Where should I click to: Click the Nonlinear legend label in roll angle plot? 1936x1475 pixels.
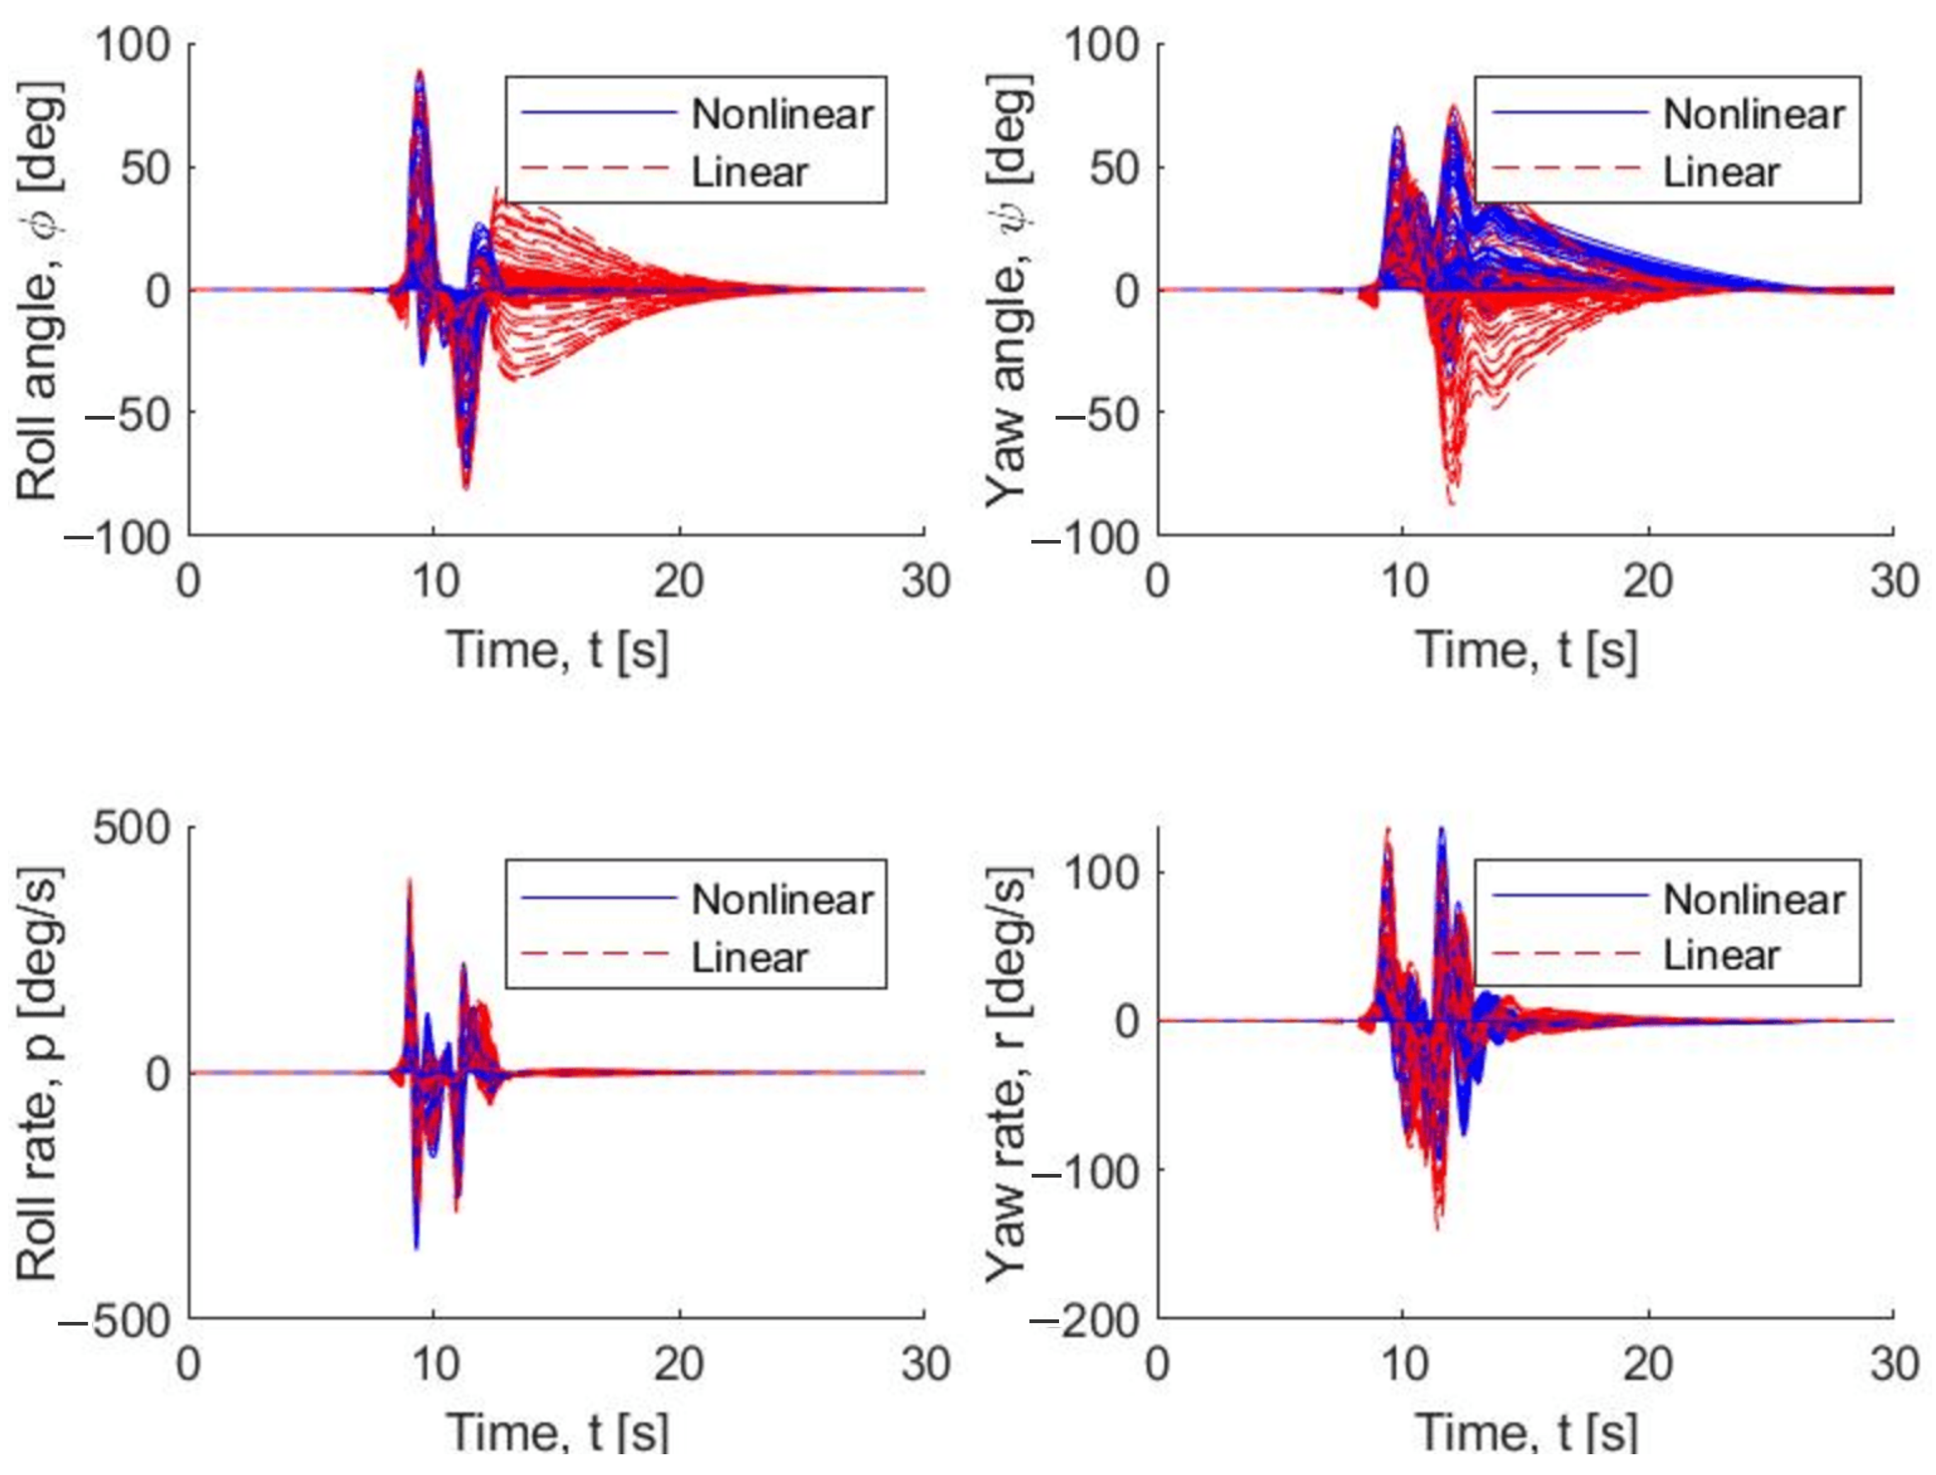click(781, 114)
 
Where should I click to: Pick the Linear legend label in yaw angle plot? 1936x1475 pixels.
click(1721, 172)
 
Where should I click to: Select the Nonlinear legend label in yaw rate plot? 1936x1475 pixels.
click(1753, 899)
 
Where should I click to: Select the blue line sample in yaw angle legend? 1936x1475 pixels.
click(1569, 112)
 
